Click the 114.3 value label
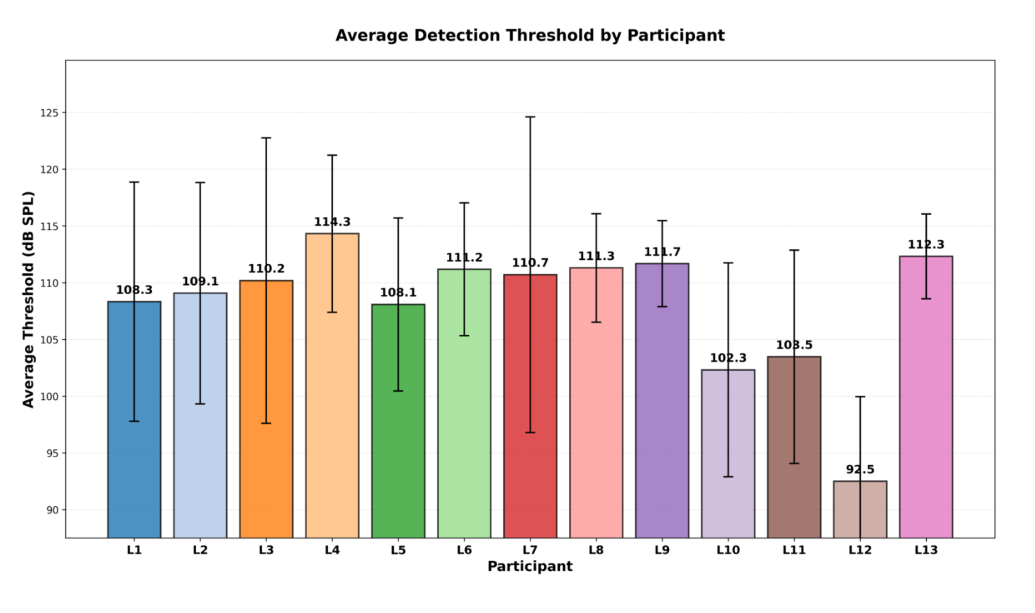click(332, 222)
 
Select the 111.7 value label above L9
click(662, 252)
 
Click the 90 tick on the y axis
click(53, 510)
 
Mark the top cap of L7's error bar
click(530, 117)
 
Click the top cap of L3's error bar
click(266, 138)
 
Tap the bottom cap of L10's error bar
click(728, 477)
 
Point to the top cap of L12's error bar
click(860, 396)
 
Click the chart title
click(530, 36)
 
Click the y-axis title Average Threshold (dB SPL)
click(28, 299)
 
